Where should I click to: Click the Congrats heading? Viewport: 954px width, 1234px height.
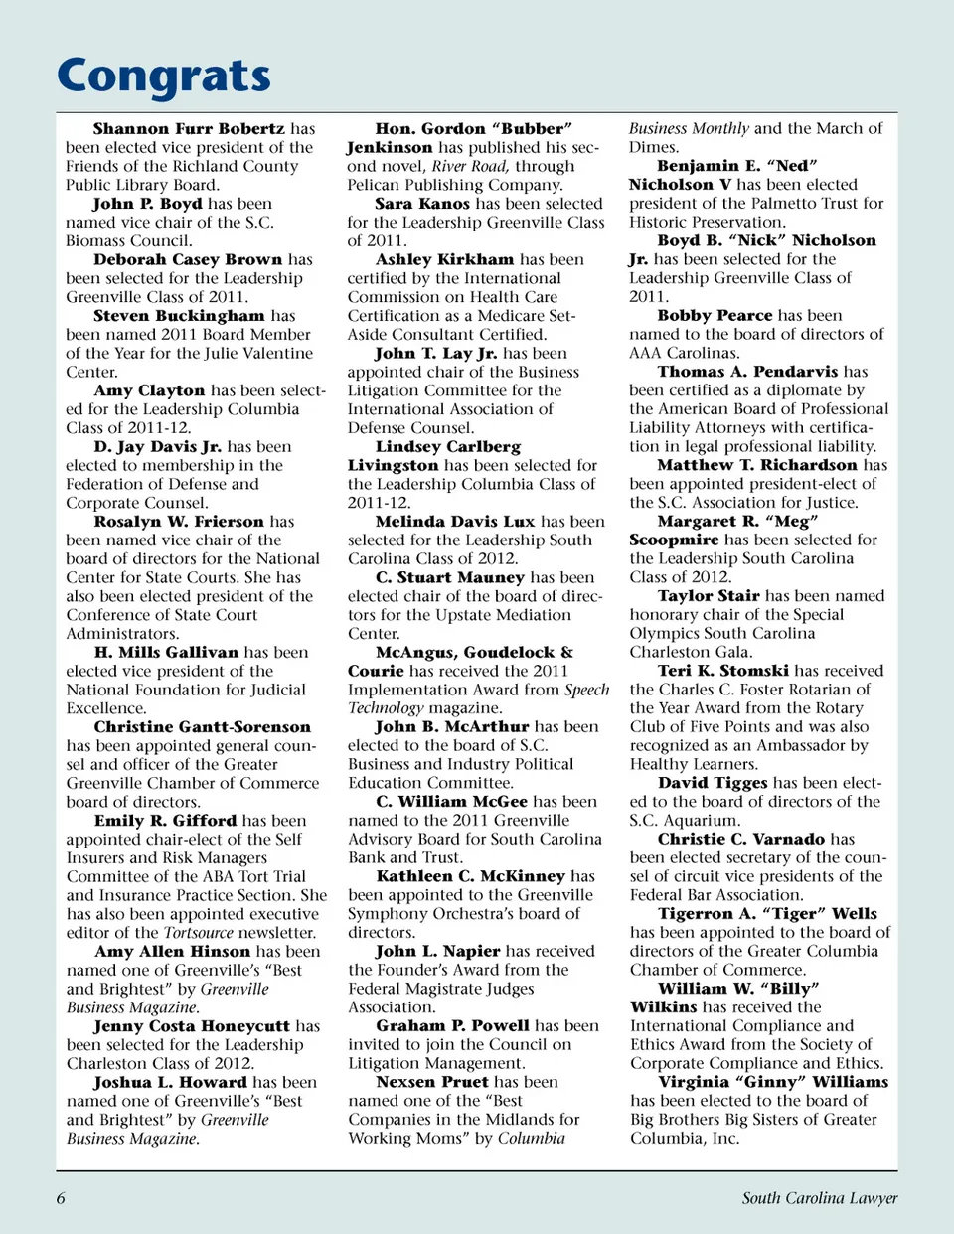point(164,77)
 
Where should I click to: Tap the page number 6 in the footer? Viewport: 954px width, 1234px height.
point(61,1198)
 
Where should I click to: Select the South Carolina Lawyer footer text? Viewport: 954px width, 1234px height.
point(819,1198)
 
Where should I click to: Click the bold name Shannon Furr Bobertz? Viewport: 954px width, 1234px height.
point(189,129)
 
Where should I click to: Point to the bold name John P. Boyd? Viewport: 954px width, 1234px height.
point(148,204)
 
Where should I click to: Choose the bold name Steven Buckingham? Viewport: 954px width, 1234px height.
point(179,316)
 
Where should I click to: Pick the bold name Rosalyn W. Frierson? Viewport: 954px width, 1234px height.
point(180,522)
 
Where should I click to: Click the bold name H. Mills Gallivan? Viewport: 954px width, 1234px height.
point(166,653)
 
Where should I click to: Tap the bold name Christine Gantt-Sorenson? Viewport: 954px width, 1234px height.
point(202,727)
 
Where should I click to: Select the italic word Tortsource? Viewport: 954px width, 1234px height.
point(198,933)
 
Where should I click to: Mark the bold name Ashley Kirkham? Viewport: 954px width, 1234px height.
point(444,259)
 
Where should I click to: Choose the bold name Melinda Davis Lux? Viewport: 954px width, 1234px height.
point(455,522)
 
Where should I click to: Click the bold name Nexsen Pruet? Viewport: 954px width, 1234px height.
point(432,1082)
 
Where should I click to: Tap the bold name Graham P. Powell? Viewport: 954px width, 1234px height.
point(452,1026)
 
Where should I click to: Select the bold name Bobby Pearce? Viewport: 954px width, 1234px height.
point(715,316)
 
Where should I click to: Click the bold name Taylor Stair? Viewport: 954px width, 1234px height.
point(709,596)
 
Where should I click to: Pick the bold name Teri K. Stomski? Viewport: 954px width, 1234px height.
point(722,671)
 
